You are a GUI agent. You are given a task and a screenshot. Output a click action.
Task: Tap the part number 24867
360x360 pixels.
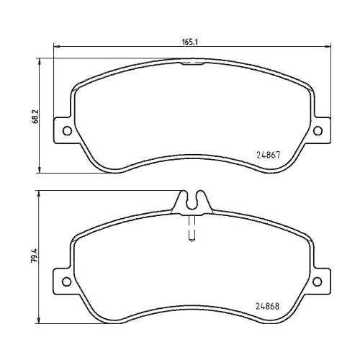point(268,154)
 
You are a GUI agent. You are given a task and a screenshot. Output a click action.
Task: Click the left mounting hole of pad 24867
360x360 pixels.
point(67,131)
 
